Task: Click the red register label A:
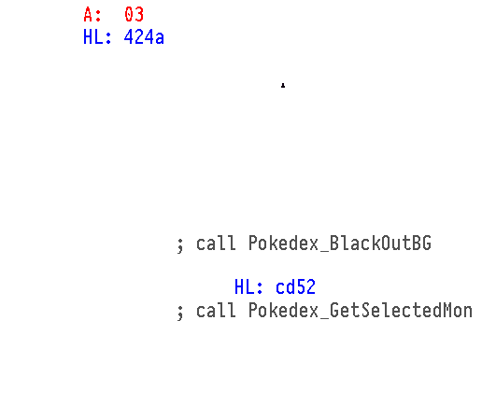(x=92, y=15)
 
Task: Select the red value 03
(x=134, y=15)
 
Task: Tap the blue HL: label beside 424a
(x=97, y=37)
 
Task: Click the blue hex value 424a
(x=144, y=37)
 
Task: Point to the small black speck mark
(x=283, y=85)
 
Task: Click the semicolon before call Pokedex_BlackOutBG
(x=180, y=245)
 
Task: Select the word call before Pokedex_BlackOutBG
(x=216, y=243)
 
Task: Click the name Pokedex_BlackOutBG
(x=340, y=244)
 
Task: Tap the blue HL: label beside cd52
(x=248, y=286)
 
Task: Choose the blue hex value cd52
(x=295, y=286)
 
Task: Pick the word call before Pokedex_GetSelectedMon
(x=216, y=311)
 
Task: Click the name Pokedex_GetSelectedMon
(x=361, y=311)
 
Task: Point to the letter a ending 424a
(x=159, y=38)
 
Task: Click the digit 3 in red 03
(x=139, y=15)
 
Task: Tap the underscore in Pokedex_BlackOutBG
(x=324, y=250)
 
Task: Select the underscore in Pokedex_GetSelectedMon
(x=324, y=317)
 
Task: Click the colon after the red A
(x=98, y=16)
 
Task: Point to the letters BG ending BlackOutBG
(x=422, y=243)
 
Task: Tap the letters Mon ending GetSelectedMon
(x=458, y=311)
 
